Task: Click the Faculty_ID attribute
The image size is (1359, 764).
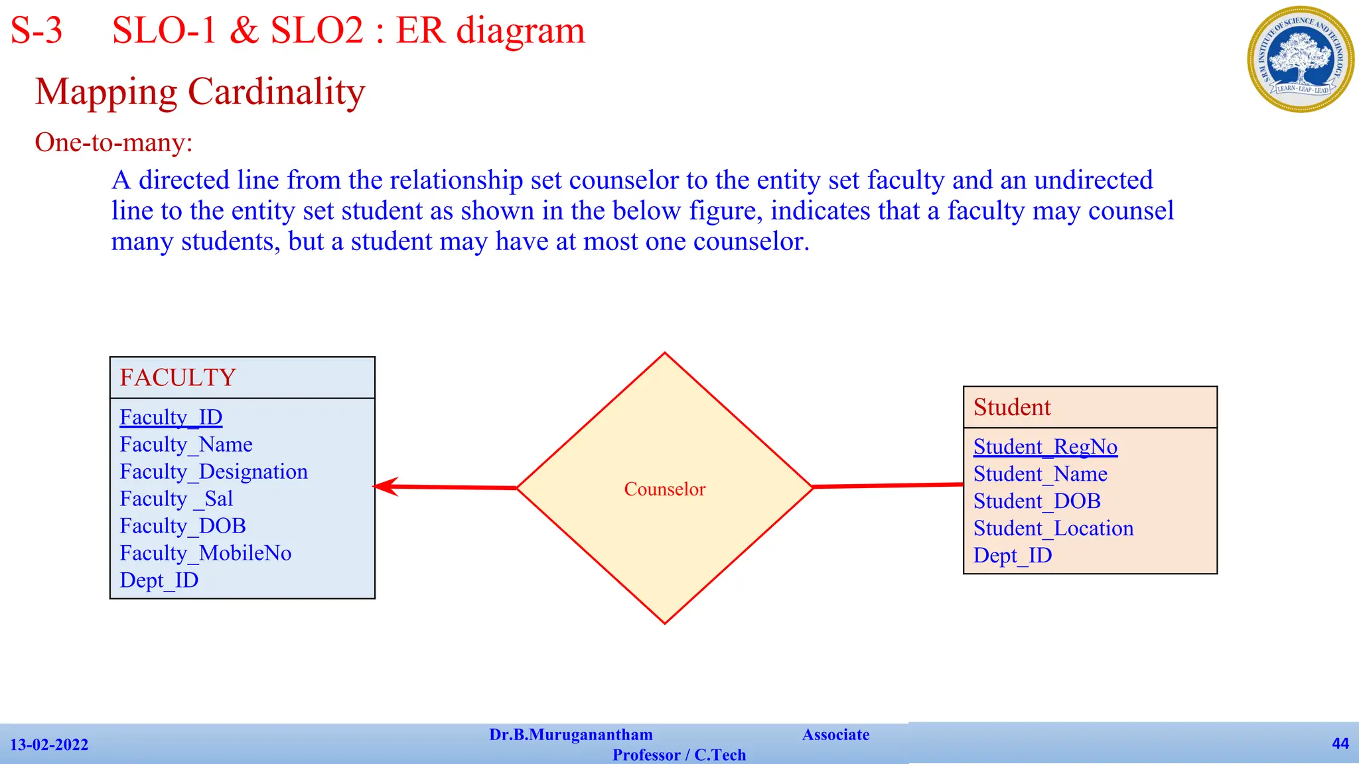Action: (171, 417)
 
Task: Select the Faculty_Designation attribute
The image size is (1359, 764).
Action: (213, 472)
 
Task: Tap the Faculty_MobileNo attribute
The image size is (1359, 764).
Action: (205, 553)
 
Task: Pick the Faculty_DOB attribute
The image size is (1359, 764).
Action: (182, 526)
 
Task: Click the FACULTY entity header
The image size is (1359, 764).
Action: (178, 378)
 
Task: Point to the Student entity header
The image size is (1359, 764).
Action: (1012, 407)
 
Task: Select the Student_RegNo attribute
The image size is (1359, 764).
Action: (1045, 447)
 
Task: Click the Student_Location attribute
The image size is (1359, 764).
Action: (1053, 529)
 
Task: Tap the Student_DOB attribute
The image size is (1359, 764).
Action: (1037, 501)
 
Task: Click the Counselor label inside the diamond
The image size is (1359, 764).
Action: (664, 489)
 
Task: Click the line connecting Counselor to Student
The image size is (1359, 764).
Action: (888, 486)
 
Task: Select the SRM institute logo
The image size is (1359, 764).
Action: (1300, 60)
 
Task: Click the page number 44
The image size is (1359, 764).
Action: (1340, 743)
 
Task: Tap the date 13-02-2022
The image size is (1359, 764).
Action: (49, 745)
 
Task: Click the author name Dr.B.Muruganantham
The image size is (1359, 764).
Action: (571, 735)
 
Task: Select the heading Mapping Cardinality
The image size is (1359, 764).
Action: (200, 92)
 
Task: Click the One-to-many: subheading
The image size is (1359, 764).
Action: (113, 143)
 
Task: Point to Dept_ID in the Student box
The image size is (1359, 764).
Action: (1012, 556)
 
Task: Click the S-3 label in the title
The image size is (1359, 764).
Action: (36, 31)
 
